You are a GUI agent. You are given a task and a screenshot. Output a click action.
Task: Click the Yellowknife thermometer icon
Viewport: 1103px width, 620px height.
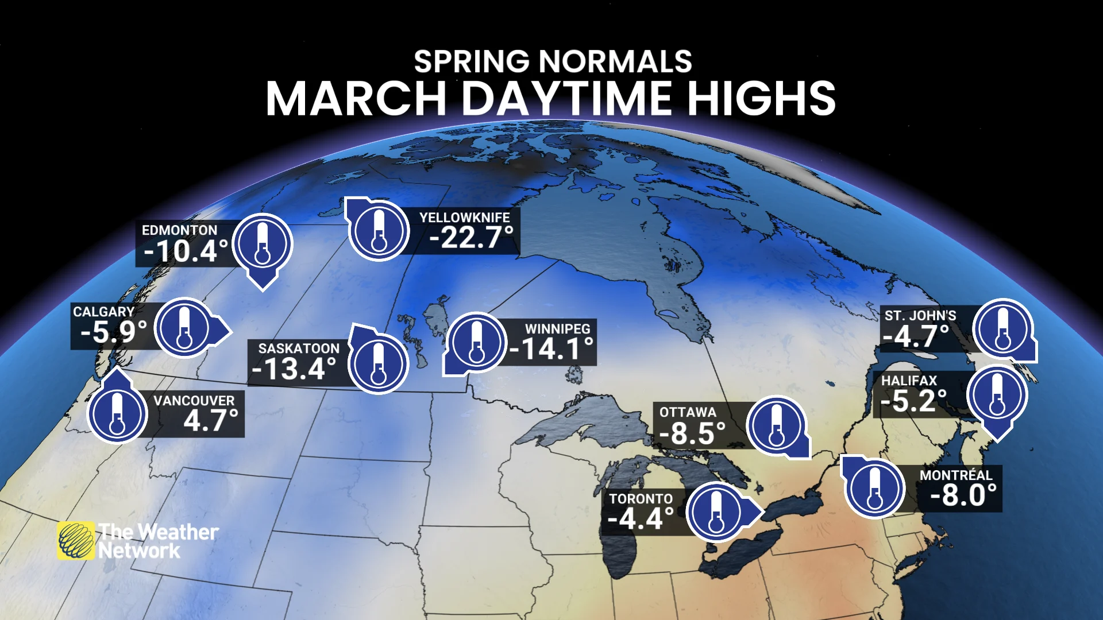(x=379, y=230)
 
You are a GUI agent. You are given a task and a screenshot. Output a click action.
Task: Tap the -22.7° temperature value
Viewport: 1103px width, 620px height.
(x=471, y=237)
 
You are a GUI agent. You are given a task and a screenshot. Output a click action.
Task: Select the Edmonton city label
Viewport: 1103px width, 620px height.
(x=179, y=230)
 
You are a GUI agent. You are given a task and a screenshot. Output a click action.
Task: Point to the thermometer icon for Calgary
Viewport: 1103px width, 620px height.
(x=184, y=327)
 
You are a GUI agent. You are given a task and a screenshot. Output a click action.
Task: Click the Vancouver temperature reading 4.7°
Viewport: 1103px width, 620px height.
(x=210, y=421)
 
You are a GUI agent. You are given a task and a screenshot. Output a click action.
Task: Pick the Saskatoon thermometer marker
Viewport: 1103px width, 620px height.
(x=378, y=363)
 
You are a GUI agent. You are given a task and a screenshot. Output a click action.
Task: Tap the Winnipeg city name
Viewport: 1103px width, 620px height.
(x=557, y=329)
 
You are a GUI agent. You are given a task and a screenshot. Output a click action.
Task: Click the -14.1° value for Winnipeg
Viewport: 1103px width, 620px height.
(x=551, y=349)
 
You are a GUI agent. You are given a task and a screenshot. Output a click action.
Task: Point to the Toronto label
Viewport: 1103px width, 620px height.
(x=641, y=499)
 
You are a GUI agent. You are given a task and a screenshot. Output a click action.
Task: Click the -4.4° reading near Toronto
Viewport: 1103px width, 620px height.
(x=641, y=520)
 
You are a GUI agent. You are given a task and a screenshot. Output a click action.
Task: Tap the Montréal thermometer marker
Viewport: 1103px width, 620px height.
(x=874, y=487)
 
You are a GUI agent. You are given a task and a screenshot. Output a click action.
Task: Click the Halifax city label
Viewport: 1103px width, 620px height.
(x=909, y=381)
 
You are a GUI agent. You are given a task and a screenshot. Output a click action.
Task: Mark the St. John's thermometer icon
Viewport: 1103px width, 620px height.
(x=1002, y=329)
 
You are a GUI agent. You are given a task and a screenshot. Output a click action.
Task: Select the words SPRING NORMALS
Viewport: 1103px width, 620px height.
(x=553, y=61)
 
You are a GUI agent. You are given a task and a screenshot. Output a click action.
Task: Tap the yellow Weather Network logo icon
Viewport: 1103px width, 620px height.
(x=76, y=540)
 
